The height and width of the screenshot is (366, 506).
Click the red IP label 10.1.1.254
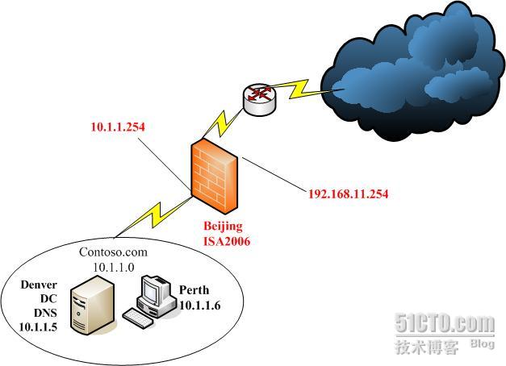click(x=119, y=127)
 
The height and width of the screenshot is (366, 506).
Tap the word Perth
click(x=194, y=290)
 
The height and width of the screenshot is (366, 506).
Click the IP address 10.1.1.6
click(x=200, y=304)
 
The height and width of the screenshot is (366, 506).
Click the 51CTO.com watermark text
click(x=444, y=324)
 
